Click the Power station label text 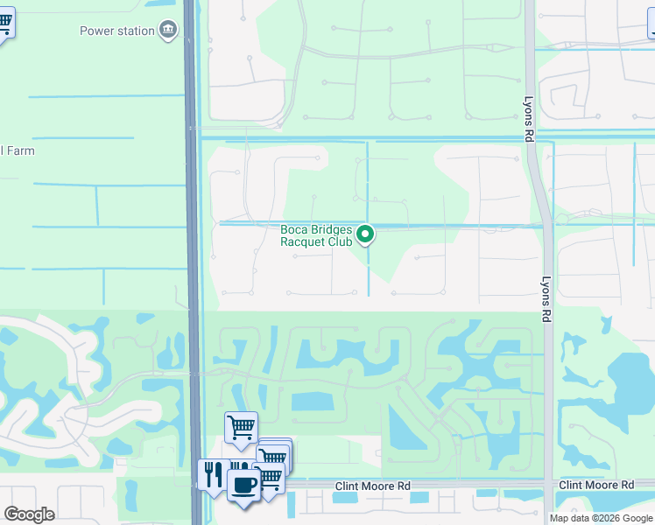tap(116, 31)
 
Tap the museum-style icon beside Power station tap(167, 31)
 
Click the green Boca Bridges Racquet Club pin tap(367, 234)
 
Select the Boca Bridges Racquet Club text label tap(316, 236)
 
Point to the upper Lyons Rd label tap(528, 120)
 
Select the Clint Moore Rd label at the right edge tap(595, 485)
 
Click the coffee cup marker tap(243, 484)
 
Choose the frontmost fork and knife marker tap(213, 474)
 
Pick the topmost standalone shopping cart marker tap(241, 427)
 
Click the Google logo tap(29, 514)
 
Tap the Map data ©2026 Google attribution tap(600, 518)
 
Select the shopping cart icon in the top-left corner tap(4, 23)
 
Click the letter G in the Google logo tap(11, 514)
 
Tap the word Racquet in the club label tap(303, 242)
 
